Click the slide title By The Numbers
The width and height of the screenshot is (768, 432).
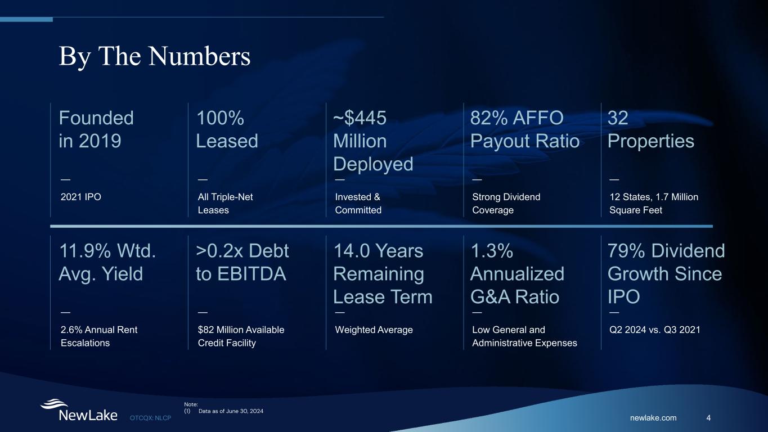[x=155, y=57]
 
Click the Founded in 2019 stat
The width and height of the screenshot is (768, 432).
[x=96, y=129]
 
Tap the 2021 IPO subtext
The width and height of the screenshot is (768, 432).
[x=80, y=197]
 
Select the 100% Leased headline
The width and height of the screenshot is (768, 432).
[x=227, y=129]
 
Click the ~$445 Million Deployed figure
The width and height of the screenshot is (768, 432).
[x=373, y=141]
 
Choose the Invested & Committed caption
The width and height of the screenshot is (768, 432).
[x=358, y=204]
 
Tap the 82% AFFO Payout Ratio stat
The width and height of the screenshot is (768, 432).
[x=524, y=129]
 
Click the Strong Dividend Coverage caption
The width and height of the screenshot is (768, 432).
[x=506, y=204]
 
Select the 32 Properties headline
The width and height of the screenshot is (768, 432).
[x=651, y=129]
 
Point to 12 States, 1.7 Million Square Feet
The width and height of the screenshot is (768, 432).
[x=654, y=204]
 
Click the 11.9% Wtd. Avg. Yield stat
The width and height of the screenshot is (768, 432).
[x=107, y=262]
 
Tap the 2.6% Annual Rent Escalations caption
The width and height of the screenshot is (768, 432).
[x=99, y=336]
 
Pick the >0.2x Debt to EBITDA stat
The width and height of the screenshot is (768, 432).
[x=242, y=262]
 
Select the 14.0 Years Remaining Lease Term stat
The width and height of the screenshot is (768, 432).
[x=383, y=273]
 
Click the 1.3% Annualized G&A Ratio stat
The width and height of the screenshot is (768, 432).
[x=517, y=273]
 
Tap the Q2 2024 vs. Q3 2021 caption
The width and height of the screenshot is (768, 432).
[x=655, y=330]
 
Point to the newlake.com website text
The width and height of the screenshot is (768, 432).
[x=653, y=418]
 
